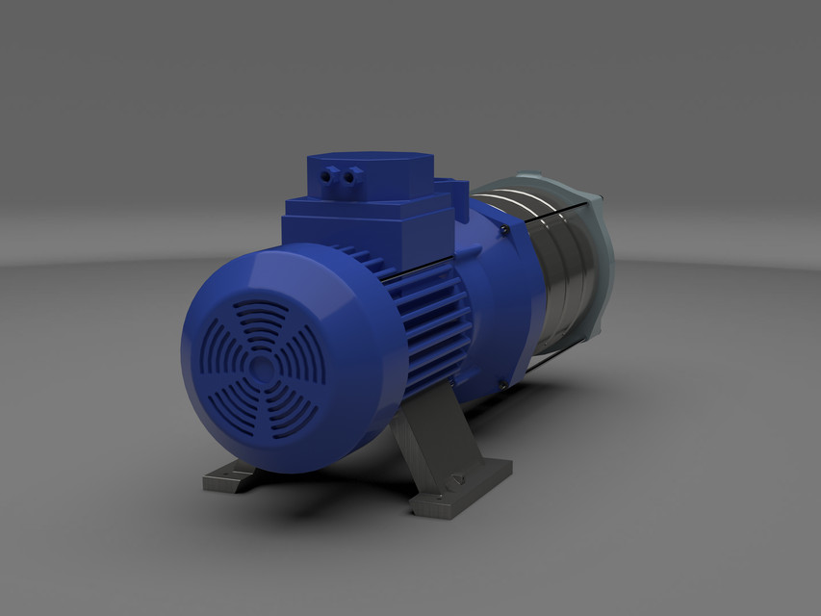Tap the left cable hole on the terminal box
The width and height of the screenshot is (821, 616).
click(333, 175)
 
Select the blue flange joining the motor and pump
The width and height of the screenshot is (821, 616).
click(500, 289)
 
